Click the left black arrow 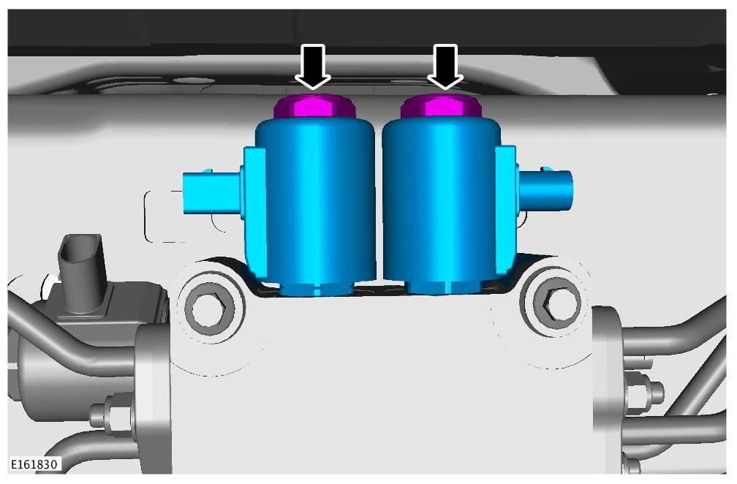point(313,66)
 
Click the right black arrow point(445,66)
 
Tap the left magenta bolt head point(315,107)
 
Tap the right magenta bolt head point(441,107)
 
